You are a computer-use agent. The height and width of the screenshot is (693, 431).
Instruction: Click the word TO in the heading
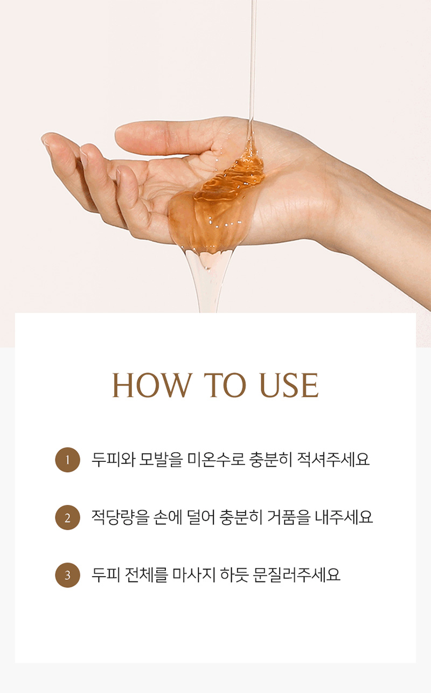pyautogui.click(x=225, y=385)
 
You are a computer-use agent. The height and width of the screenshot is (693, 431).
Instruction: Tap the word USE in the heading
pyautogui.click(x=289, y=385)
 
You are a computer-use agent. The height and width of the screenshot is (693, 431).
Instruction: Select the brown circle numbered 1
pyautogui.click(x=67, y=460)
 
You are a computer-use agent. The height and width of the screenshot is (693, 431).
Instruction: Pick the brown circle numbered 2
pyautogui.click(x=67, y=517)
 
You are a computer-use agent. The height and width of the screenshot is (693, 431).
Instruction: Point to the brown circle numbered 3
pyautogui.click(x=67, y=575)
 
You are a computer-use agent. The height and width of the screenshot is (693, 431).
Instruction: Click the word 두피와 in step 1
pyautogui.click(x=113, y=460)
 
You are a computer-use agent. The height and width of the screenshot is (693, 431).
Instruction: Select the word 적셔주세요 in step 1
pyautogui.click(x=333, y=460)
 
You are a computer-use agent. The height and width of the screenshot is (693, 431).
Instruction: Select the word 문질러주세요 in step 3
pyautogui.click(x=296, y=575)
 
